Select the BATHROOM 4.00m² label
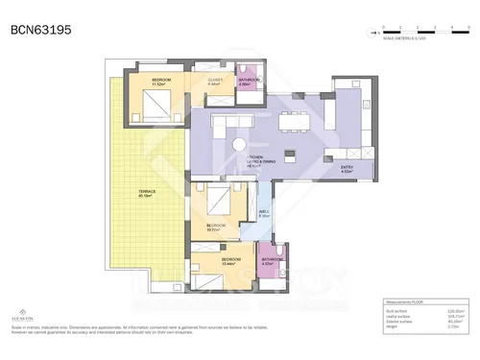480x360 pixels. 250,81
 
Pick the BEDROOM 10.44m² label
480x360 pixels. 231,260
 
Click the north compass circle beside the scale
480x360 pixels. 372,33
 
